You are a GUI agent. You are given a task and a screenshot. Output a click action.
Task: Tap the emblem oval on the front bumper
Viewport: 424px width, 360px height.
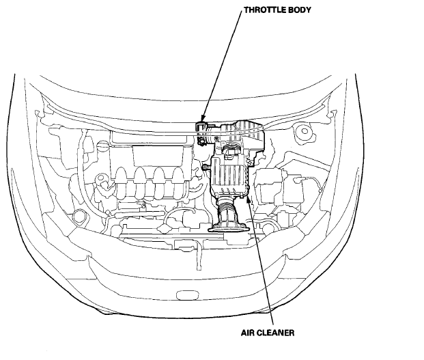[184, 296]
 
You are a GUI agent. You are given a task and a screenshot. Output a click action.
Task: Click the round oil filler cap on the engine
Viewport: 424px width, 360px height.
[104, 182]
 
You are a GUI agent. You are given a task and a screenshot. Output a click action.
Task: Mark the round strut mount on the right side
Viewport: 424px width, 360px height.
[302, 131]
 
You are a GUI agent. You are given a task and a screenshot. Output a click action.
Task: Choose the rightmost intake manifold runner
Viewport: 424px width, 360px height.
[178, 179]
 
